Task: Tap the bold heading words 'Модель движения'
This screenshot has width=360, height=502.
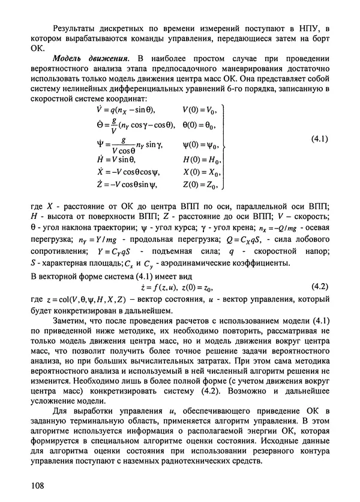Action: coord(91,58)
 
